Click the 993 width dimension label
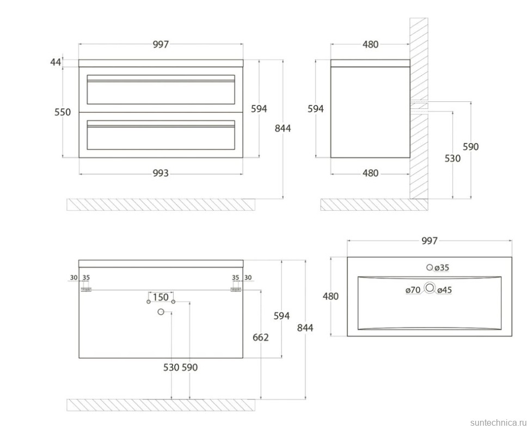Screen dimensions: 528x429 point(161,173)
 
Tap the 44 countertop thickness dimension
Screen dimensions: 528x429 point(56,62)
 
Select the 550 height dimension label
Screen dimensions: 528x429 point(63,112)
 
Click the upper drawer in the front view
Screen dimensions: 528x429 point(161,89)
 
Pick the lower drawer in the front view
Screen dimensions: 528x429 point(161,134)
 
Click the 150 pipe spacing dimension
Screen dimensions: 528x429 point(161,297)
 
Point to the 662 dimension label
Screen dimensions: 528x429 point(261,337)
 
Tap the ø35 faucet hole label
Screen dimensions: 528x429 point(441,268)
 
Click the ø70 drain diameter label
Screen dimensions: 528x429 point(413,290)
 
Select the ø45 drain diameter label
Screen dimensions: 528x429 point(445,290)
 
